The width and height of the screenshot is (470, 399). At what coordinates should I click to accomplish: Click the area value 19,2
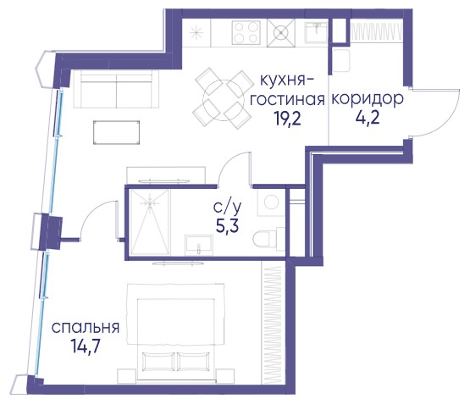point(286,119)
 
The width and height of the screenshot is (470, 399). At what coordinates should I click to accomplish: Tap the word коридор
point(368,99)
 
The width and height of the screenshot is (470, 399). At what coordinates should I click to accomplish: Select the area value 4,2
point(368,118)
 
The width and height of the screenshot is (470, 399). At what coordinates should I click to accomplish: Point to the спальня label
point(86,327)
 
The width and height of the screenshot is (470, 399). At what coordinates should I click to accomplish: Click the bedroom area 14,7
point(86,346)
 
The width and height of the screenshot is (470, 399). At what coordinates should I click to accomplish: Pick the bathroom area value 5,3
point(227,226)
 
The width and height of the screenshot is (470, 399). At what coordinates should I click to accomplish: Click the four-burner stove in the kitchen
point(246,33)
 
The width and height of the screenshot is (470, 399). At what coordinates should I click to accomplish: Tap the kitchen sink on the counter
point(316,32)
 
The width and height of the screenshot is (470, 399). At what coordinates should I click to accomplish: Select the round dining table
point(223,100)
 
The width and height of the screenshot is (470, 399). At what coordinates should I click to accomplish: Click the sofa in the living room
point(116,89)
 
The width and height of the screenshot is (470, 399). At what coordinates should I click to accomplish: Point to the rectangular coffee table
point(116,132)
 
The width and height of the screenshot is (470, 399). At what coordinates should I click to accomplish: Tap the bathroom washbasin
point(199,245)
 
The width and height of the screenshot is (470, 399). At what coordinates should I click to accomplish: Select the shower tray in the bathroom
point(150,222)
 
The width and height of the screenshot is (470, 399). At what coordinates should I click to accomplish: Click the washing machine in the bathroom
point(271,202)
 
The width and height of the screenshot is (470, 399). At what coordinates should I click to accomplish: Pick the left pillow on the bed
point(158,361)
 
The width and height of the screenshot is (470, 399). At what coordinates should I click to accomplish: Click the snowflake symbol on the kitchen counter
point(196,32)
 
